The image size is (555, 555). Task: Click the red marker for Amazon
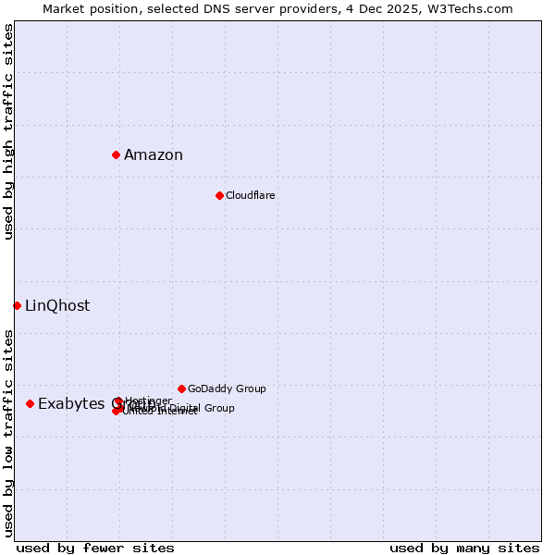pos(116,154)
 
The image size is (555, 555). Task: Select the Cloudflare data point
pos(219,195)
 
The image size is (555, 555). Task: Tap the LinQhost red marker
pos(17,305)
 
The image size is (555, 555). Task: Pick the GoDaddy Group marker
pos(181,388)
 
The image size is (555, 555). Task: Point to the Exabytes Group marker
pos(30,403)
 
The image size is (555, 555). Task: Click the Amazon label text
pos(154,155)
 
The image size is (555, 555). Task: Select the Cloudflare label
pos(251,196)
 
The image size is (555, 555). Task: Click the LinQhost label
pos(57,306)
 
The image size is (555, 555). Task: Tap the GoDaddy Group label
pos(227,389)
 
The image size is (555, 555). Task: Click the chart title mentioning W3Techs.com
pos(277,8)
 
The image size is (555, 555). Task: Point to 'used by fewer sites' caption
pos(95,548)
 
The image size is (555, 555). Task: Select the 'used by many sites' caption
pos(464,548)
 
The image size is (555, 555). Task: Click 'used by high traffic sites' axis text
pos(8,131)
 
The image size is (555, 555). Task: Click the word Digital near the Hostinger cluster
pos(182,408)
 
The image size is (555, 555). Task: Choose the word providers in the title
pos(334,8)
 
